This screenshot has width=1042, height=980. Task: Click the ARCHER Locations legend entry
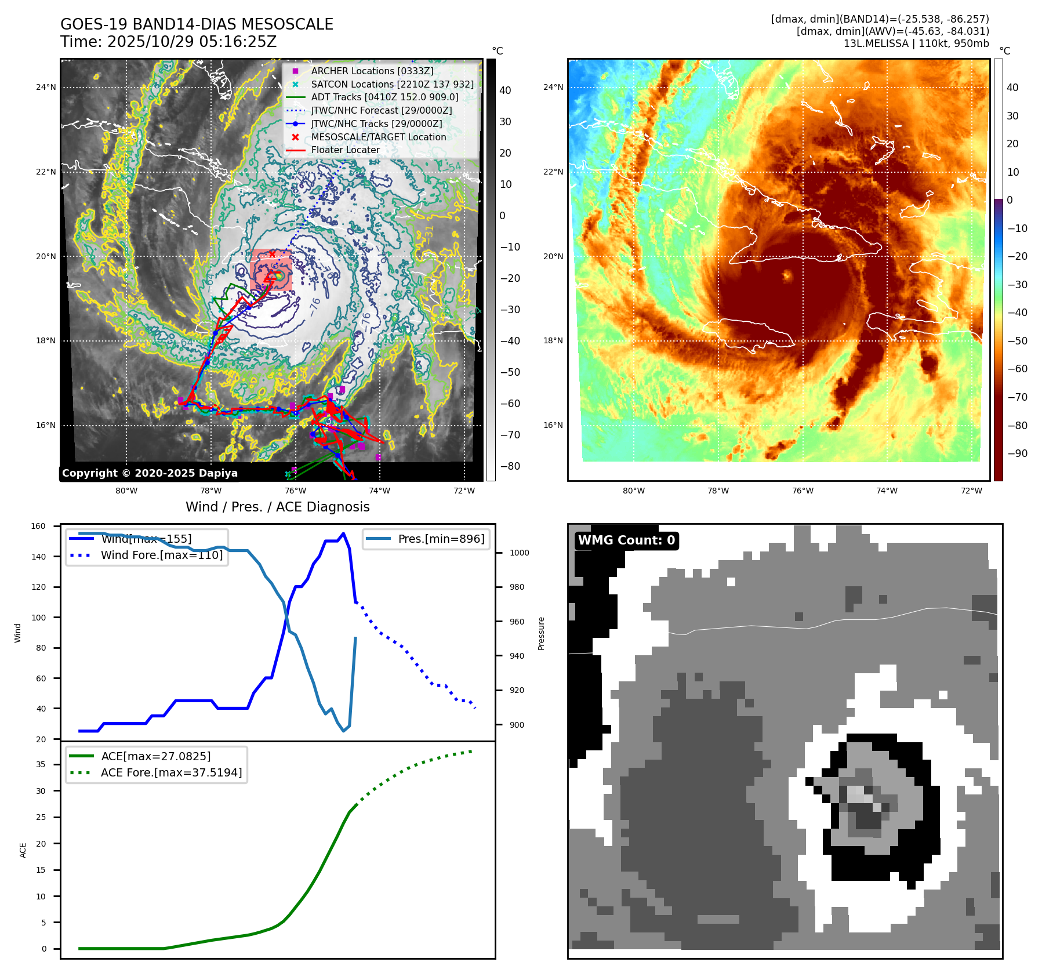[x=372, y=71]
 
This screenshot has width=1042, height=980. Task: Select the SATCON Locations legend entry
[x=392, y=84]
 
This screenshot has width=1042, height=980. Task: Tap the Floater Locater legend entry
[x=345, y=150]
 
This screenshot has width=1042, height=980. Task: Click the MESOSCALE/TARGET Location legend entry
[x=378, y=137]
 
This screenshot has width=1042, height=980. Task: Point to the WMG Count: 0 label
[x=626, y=540]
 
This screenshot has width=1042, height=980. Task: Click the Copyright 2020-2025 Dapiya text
[x=150, y=473]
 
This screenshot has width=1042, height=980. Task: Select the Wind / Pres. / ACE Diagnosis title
[x=277, y=507]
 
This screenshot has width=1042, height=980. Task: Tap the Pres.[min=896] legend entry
[x=441, y=539]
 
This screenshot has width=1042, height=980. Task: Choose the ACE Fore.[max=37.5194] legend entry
[x=171, y=772]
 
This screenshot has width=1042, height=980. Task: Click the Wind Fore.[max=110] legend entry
[x=161, y=555]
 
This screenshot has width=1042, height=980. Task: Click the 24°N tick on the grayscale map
[x=46, y=88]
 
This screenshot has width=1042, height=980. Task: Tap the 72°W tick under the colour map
[x=971, y=491]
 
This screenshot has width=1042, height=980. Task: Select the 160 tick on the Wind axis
[x=38, y=527]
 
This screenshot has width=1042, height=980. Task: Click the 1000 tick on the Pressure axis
[x=519, y=553]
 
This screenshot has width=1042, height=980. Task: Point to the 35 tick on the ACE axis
[x=41, y=764]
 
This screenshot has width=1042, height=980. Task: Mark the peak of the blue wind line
[x=344, y=533]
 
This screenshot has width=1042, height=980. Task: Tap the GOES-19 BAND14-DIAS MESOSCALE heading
[x=197, y=24]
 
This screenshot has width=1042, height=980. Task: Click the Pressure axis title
[x=541, y=633]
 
